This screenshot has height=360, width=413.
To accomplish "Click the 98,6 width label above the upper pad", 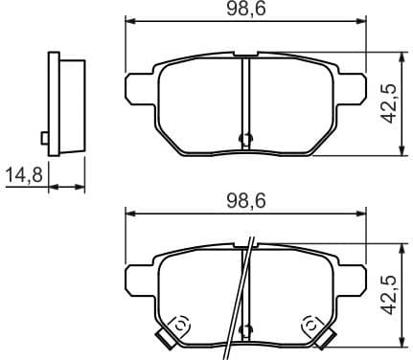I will click(x=246, y=10).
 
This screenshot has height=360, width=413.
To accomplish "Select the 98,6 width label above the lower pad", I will click(x=246, y=202).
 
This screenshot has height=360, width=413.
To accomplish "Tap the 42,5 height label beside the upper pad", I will click(x=388, y=101).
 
